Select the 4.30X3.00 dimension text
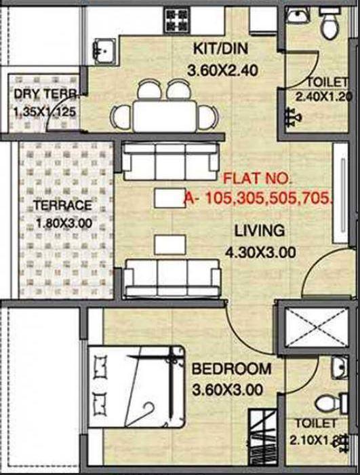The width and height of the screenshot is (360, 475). tap(261, 253)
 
